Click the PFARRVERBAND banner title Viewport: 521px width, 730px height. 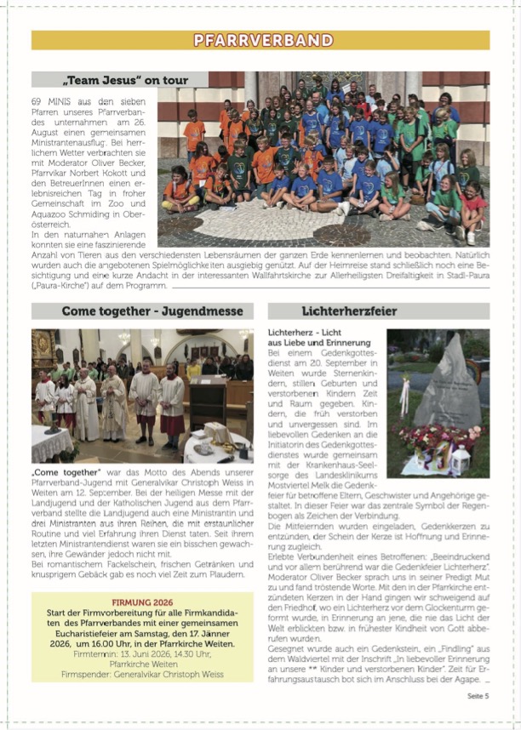260,40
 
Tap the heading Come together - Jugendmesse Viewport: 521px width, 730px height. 140,311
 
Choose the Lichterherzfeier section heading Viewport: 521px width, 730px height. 349,311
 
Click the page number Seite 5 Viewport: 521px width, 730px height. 478,696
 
